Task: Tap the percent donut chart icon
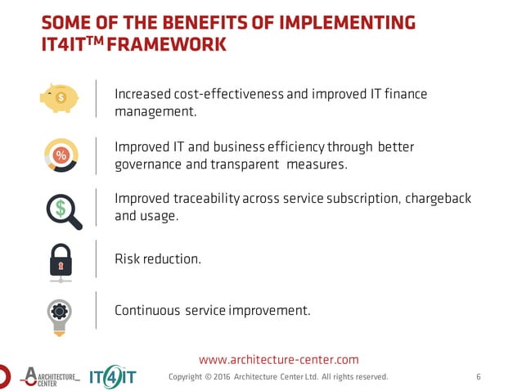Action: (61, 155)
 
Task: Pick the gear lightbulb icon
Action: (61, 315)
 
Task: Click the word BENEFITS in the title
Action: (185, 22)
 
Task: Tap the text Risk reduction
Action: (157, 258)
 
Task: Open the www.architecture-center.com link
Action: (279, 359)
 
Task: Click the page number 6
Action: (479, 377)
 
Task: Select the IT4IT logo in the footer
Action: (112, 375)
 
